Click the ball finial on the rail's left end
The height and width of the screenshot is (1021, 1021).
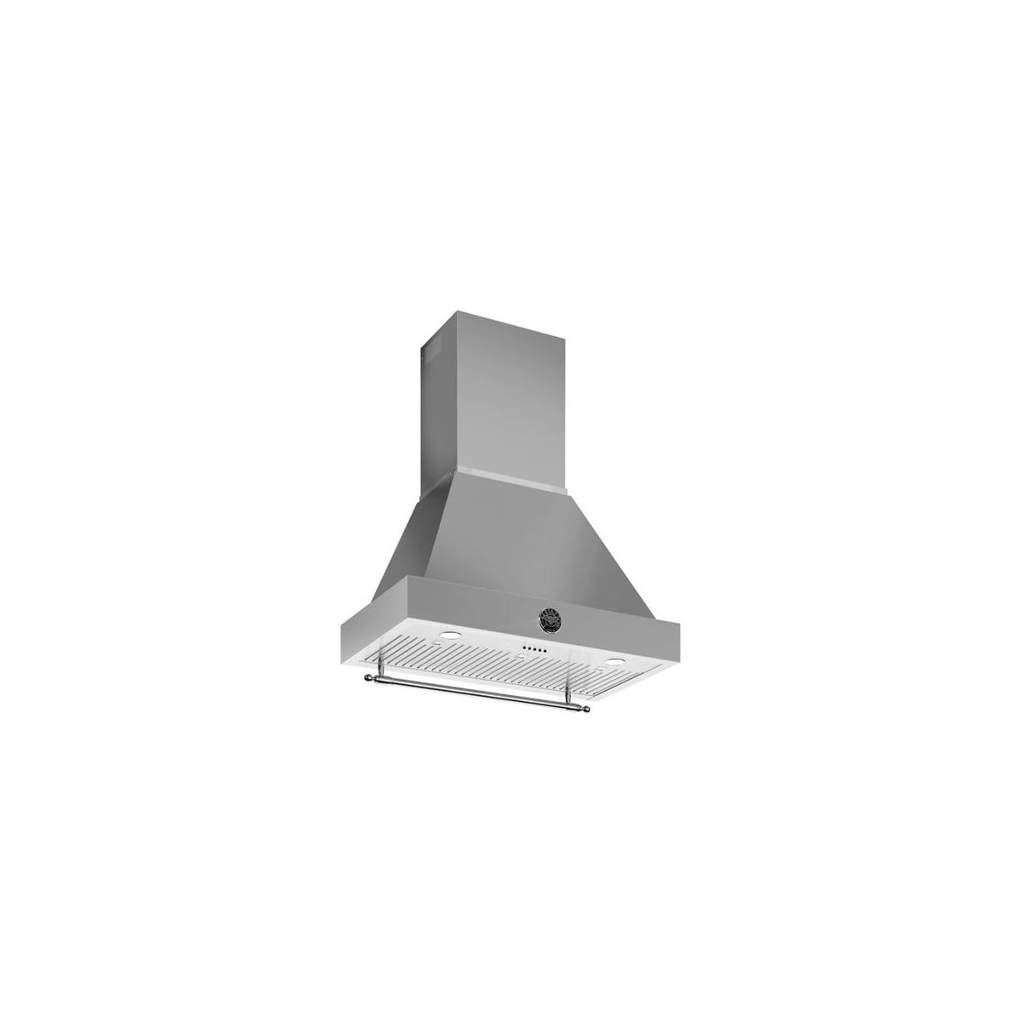(x=368, y=677)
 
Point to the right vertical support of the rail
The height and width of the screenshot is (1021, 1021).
(x=568, y=689)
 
